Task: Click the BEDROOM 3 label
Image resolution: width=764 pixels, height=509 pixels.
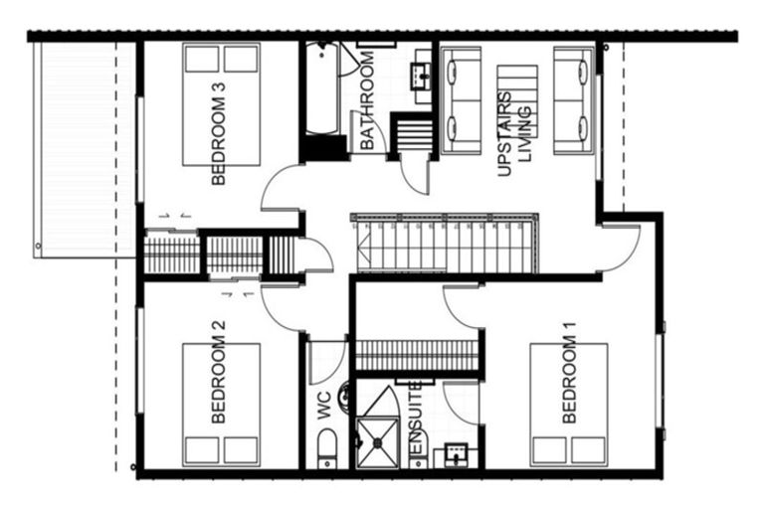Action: coord(219,134)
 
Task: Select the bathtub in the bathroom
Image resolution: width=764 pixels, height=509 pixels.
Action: coord(321,89)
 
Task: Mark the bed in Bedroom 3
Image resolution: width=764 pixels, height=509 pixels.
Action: coord(221,104)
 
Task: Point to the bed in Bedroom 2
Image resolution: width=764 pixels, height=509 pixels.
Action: coord(221,404)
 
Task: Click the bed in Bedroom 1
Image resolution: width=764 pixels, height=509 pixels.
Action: coord(569,404)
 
